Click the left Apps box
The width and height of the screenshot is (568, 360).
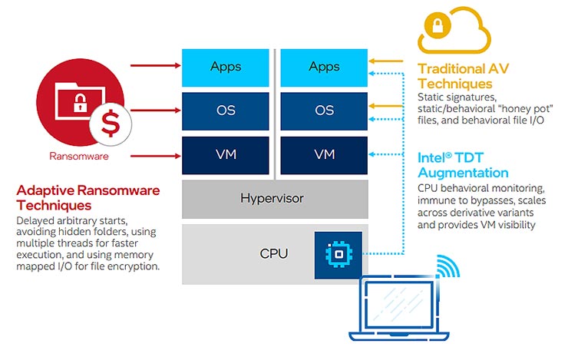226,68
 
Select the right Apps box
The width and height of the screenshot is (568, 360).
324,68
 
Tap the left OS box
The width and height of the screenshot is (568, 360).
226,111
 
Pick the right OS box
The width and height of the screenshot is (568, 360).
324,111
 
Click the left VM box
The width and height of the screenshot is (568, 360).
226,155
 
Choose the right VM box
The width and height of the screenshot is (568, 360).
324,155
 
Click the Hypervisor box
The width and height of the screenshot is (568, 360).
274,199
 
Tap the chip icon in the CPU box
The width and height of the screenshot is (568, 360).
337,253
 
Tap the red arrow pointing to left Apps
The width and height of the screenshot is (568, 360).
154,65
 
